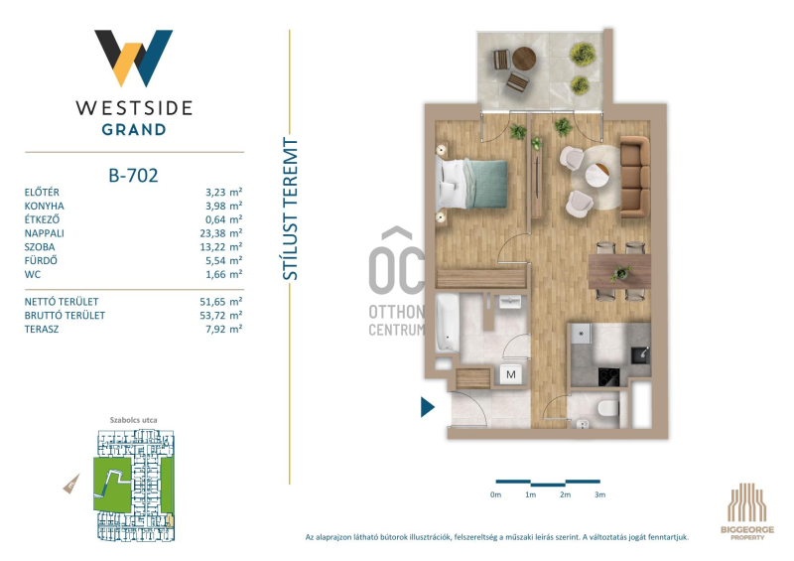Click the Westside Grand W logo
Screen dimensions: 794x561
(134, 58)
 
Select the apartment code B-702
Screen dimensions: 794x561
(133, 176)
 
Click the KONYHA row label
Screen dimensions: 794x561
(44, 206)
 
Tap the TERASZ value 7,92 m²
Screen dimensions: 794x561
(224, 329)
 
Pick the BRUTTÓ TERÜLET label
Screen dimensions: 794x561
(65, 315)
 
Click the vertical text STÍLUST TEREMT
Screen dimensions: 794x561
(290, 209)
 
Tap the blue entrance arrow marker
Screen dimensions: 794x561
(428, 406)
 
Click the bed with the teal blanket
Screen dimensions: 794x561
(472, 184)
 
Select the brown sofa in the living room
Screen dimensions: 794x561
(635, 177)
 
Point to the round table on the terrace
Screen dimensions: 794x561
(524, 59)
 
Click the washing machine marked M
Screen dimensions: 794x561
(511, 374)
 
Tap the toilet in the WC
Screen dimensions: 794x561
(607, 408)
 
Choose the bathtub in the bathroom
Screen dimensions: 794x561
(448, 323)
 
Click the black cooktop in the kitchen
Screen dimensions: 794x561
(608, 376)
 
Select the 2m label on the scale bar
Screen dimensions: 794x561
(565, 494)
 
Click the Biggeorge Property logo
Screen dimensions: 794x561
(747, 511)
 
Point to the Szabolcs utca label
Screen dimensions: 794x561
(134, 420)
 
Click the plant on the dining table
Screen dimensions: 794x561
(620, 273)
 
